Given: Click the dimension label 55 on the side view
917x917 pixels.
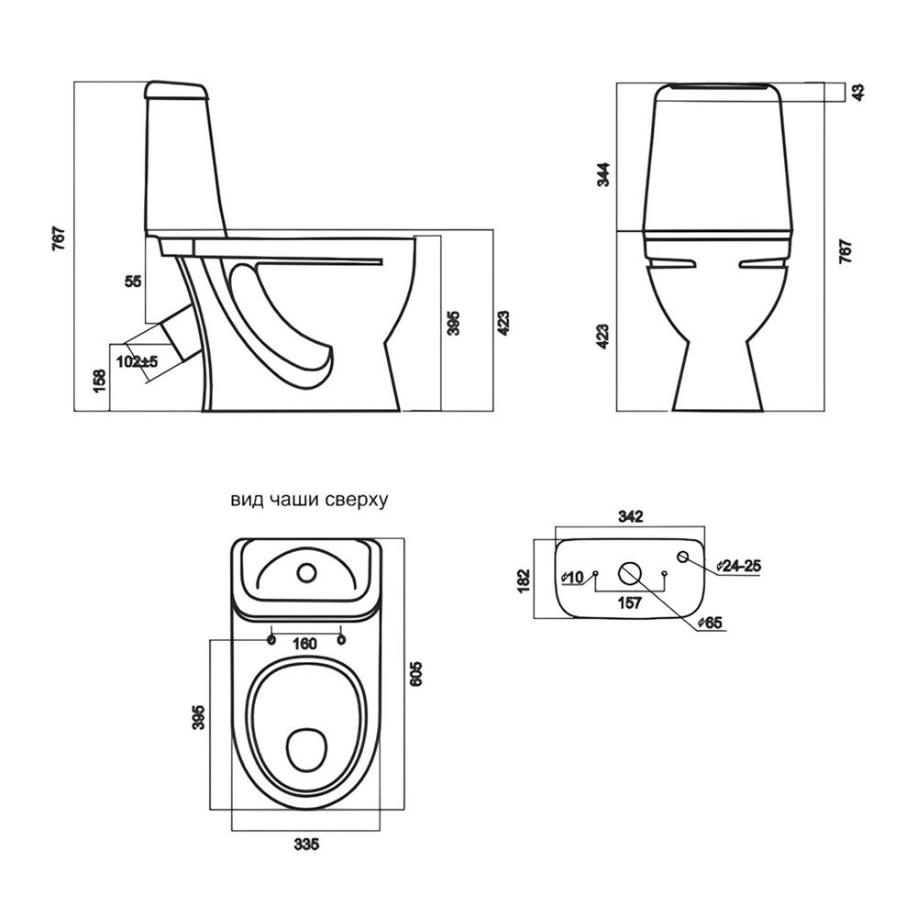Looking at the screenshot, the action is click(133, 282).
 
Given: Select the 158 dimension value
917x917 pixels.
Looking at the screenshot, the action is click(100, 381).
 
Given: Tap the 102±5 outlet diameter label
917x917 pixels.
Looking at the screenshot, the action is click(138, 361).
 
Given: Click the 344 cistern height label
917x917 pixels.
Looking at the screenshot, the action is click(603, 174).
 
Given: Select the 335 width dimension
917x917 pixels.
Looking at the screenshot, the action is click(306, 844).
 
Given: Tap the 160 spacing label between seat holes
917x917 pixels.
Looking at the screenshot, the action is click(305, 644).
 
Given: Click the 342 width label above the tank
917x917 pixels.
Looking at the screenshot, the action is click(631, 516).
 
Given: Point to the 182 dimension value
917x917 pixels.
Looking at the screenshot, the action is click(524, 580).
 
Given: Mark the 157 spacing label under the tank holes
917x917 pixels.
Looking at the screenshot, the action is click(629, 603).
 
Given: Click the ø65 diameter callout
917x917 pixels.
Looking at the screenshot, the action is click(710, 624).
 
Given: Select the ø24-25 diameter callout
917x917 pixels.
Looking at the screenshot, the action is click(739, 566).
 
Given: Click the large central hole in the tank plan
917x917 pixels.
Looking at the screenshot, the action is click(629, 574).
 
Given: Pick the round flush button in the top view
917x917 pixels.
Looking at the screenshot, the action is click(306, 573).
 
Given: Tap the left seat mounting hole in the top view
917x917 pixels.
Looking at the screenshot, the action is click(271, 639).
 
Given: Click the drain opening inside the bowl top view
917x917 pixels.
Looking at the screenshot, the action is click(307, 747).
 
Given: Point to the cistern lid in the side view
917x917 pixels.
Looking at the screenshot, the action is click(176, 90).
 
